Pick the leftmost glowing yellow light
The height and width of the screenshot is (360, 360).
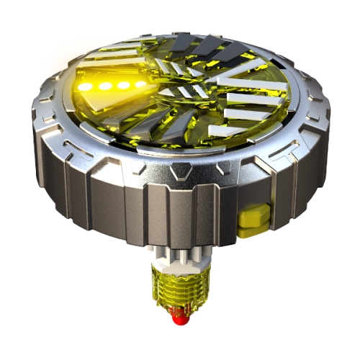coord(86,86)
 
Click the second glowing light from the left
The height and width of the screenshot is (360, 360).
coord(102,86)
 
